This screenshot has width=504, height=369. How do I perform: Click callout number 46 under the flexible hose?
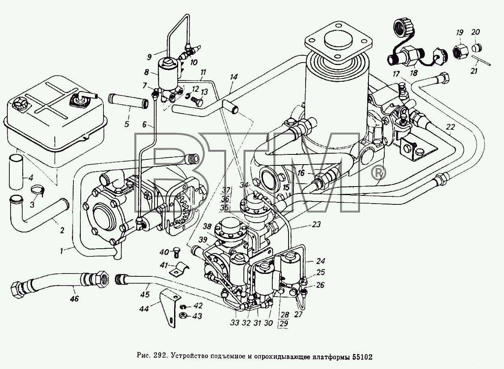(75, 298)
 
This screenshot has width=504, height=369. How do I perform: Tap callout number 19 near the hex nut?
(459, 33)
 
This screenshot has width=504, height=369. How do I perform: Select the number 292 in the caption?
(160, 357)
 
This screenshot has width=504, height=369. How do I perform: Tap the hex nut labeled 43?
(183, 316)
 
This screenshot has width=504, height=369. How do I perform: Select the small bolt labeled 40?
(177, 253)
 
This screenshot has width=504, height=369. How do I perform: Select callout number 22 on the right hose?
(450, 127)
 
